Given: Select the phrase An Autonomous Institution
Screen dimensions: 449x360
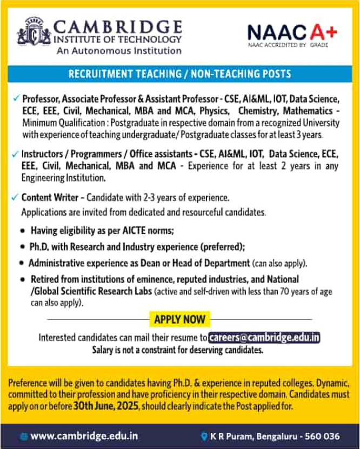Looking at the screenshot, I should pyautogui.click(x=119, y=50).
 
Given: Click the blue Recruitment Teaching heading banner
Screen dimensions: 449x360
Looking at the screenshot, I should pyautogui.click(x=179, y=74).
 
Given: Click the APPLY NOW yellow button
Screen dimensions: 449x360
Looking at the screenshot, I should pyautogui.click(x=179, y=319).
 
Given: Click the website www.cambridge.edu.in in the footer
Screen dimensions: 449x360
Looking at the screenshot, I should pyautogui.click(x=84, y=435).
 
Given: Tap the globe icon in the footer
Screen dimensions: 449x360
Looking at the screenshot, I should pyautogui.click(x=24, y=435).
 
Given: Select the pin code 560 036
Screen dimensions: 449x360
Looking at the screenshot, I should pyautogui.click(x=323, y=435).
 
